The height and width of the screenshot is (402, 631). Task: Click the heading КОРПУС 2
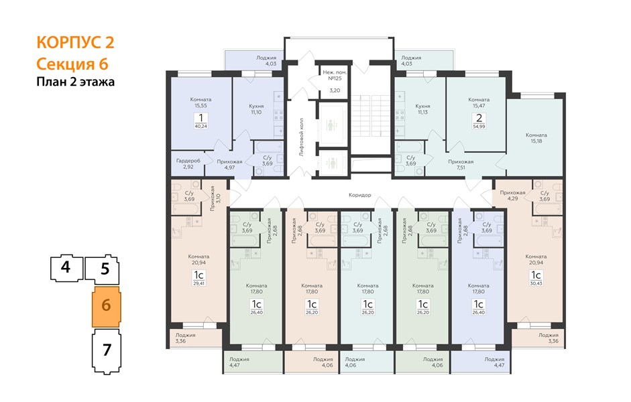pyautogui.click(x=75, y=42)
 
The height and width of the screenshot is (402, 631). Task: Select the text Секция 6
pyautogui.click(x=72, y=64)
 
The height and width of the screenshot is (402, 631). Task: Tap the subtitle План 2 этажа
pyautogui.click(x=76, y=82)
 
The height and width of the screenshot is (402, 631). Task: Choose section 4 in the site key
pyautogui.click(x=66, y=267)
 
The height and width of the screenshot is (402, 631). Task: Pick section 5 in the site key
pyautogui.click(x=104, y=269)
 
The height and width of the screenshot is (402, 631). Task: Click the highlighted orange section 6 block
pyautogui.click(x=106, y=307)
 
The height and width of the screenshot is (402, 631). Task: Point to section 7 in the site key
pyautogui.click(x=107, y=351)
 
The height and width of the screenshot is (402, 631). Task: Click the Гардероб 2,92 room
pyautogui.click(x=188, y=163)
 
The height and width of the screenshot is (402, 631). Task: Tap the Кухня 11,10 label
pyautogui.click(x=256, y=109)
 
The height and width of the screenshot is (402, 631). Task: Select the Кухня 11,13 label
pyautogui.click(x=422, y=109)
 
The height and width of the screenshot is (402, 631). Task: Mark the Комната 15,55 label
pyautogui.click(x=200, y=103)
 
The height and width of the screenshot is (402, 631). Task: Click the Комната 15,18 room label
pyautogui.click(x=536, y=138)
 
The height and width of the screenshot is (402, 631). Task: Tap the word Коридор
pyautogui.click(x=360, y=195)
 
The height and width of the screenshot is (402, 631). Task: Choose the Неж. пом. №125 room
pyautogui.click(x=335, y=81)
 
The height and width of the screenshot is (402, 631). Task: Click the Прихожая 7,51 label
pyautogui.click(x=461, y=164)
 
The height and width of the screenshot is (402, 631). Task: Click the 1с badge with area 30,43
pyautogui.click(x=536, y=278)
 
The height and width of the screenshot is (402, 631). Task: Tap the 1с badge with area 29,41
pyautogui.click(x=198, y=278)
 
